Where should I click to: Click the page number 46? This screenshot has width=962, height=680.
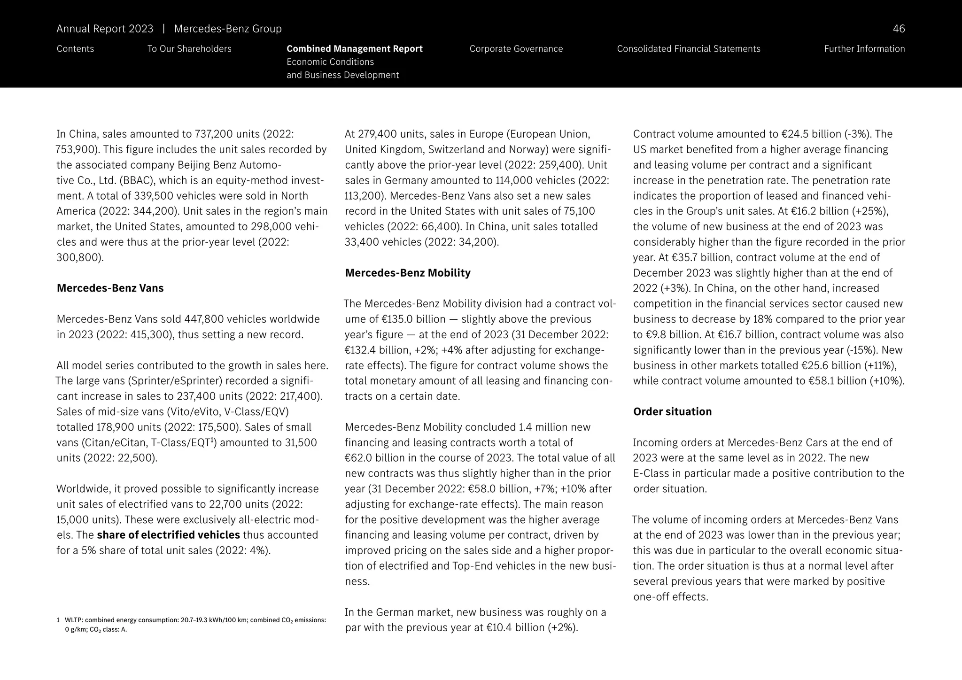[898, 29]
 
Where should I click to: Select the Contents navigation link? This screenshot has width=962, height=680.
[75, 49]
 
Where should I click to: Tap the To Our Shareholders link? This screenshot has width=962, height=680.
[189, 49]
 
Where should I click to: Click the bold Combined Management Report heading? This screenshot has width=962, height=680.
[354, 49]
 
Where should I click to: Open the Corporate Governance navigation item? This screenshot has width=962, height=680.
[516, 49]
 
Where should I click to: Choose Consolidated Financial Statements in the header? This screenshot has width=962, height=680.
[688, 49]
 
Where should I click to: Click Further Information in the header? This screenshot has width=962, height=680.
[864, 49]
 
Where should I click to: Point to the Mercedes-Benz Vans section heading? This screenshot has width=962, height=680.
[110, 288]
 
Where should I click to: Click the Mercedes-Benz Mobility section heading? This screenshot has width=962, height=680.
[407, 273]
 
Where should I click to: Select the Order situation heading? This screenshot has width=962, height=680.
[672, 412]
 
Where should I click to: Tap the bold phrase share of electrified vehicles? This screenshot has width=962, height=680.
[168, 535]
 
